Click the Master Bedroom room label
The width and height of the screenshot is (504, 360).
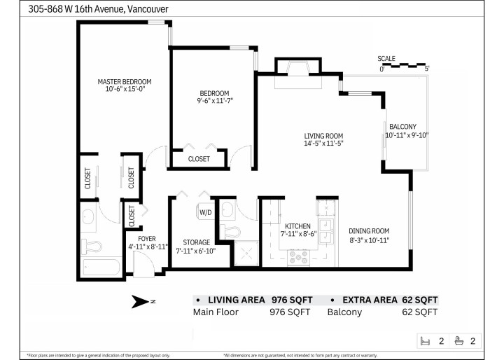124,81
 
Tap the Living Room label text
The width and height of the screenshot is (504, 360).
323,136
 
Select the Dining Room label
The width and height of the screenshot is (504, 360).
370,231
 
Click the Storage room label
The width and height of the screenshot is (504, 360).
192,242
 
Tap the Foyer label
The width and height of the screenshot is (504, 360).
147,238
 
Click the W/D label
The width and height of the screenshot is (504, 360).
205,212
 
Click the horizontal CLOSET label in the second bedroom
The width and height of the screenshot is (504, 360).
199,159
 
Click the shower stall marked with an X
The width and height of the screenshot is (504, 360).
246,254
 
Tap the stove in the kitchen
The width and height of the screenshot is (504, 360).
297,258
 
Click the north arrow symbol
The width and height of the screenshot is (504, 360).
141,302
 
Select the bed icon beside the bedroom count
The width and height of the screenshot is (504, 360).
424,341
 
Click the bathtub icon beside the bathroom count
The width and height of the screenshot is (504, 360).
458,341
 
